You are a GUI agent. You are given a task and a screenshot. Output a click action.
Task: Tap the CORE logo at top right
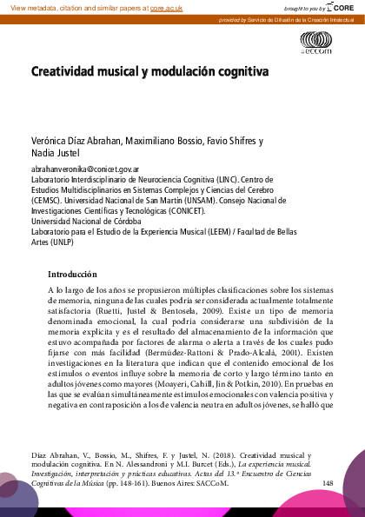pyautogui.click(x=342, y=7)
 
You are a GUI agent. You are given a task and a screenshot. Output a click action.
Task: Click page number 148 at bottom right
pyautogui.click(x=327, y=482)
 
